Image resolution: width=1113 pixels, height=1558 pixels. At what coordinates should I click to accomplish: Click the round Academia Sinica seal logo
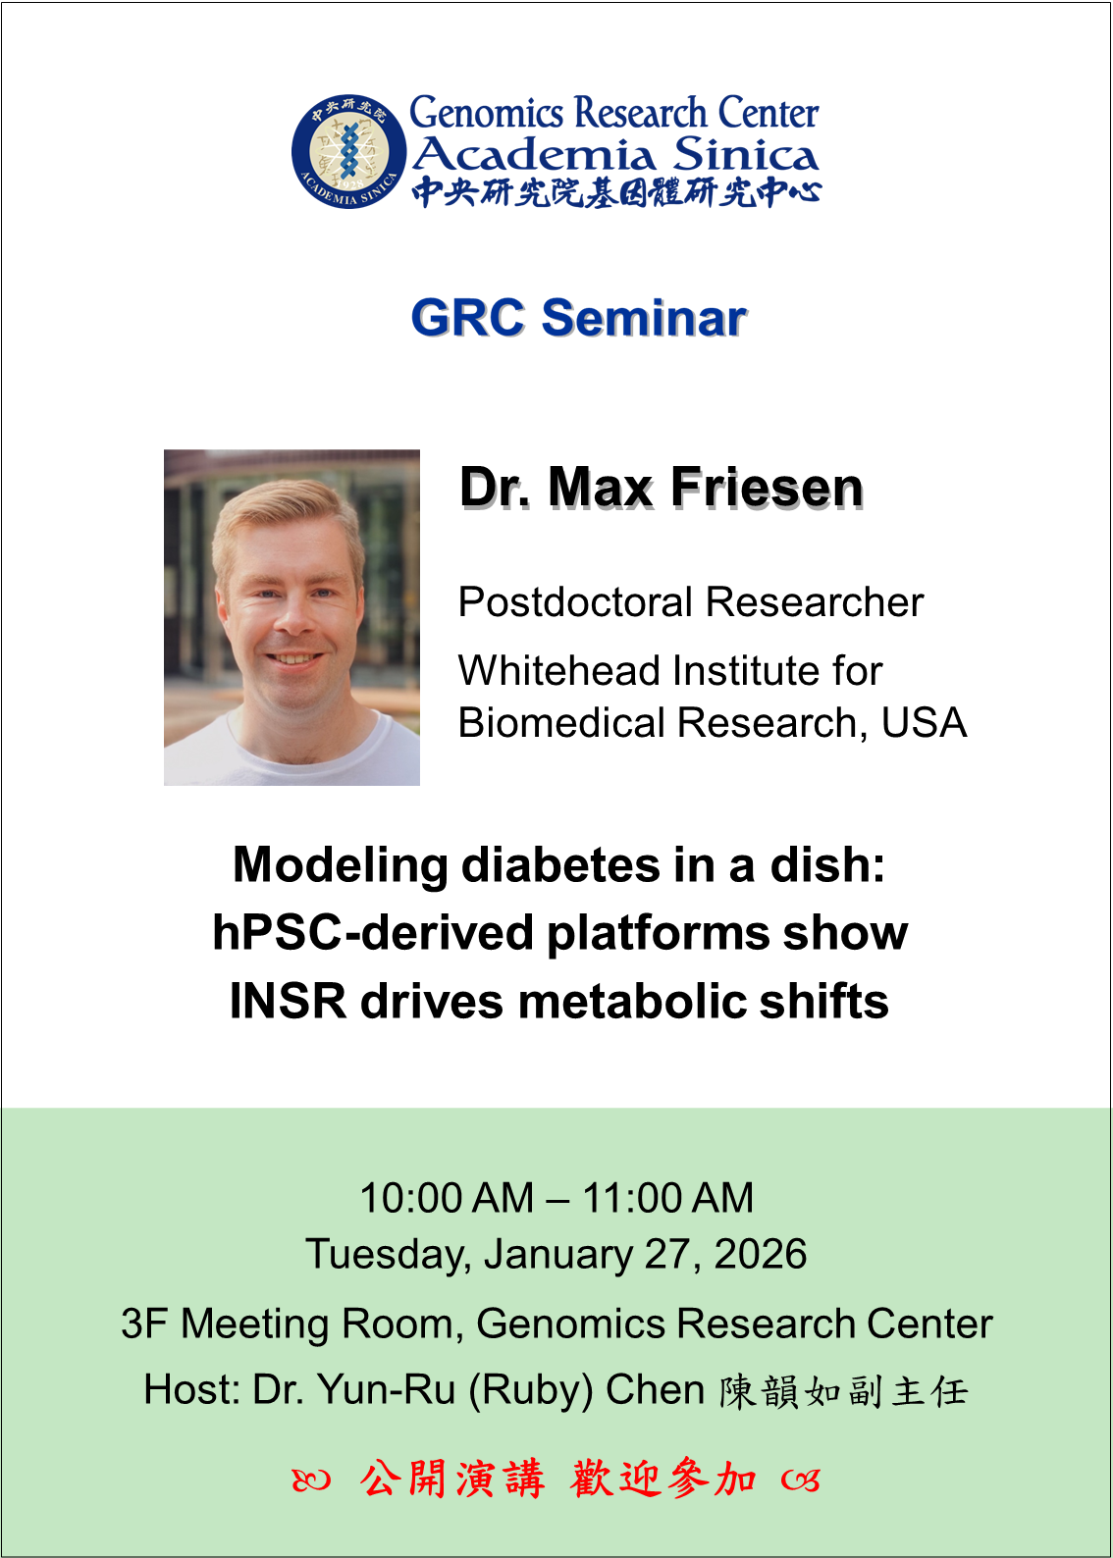pyautogui.click(x=348, y=150)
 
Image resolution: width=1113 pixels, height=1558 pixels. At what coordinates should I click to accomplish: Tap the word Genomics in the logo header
pyautogui.click(x=486, y=113)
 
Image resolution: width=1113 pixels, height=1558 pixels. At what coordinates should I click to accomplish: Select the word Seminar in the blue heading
pyautogui.click(x=644, y=318)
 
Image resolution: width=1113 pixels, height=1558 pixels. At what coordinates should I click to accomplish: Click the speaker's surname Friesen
pyautogui.click(x=767, y=487)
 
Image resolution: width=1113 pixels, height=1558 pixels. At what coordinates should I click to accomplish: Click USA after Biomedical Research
pyautogui.click(x=924, y=723)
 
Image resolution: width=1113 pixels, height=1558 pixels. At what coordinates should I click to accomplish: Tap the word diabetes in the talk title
pyautogui.click(x=560, y=865)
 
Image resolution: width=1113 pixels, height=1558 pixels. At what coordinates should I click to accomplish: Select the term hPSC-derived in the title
pyautogui.click(x=373, y=933)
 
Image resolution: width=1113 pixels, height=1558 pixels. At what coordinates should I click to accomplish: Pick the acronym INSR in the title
pyautogui.click(x=288, y=1002)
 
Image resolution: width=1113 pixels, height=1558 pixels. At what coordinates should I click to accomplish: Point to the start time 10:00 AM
pyautogui.click(x=447, y=1198)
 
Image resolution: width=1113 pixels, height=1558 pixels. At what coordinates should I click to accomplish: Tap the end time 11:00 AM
pyautogui.click(x=667, y=1198)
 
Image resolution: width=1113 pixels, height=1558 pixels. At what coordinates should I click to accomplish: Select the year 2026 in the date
pyautogui.click(x=761, y=1254)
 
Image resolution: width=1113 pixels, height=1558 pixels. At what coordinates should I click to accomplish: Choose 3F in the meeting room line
pyautogui.click(x=144, y=1323)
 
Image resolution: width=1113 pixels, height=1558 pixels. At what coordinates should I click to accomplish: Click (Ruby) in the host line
pyautogui.click(x=531, y=1391)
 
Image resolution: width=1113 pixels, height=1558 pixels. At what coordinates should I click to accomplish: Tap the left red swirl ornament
pyautogui.click(x=311, y=1480)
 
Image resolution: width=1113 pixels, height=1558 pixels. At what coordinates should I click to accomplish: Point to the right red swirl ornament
pyautogui.click(x=801, y=1480)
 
